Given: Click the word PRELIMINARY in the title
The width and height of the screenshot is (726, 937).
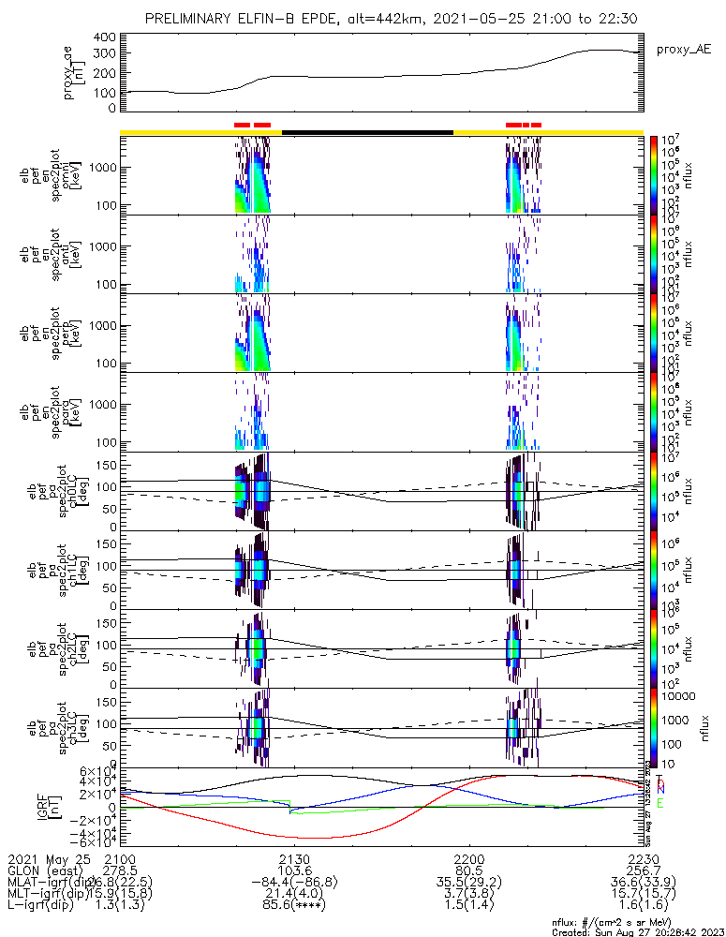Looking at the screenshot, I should point(190,19).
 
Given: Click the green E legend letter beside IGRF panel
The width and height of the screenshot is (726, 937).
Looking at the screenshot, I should point(660,803).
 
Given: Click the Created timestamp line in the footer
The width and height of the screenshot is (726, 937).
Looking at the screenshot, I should point(638,932).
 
